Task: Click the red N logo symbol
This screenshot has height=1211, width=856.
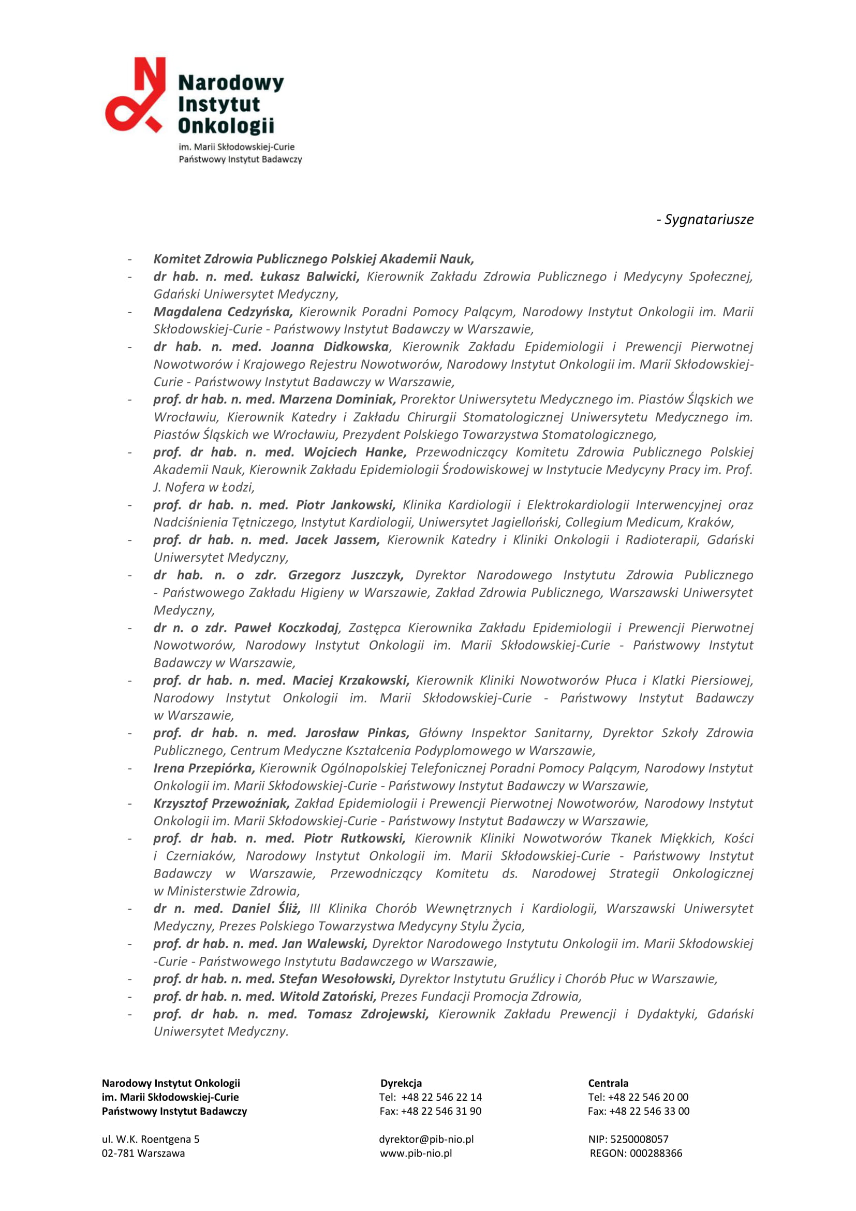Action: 136,95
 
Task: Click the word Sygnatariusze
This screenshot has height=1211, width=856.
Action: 709,220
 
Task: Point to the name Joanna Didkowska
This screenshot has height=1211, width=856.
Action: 330,346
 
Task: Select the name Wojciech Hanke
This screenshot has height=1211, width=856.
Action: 355,452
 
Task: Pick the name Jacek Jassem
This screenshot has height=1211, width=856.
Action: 337,539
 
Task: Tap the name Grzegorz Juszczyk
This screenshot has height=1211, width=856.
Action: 345,575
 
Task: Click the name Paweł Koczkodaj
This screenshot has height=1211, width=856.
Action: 286,628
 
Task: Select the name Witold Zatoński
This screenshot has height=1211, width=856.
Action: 327,996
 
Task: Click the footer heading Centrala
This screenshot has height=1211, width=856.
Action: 608,1083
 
